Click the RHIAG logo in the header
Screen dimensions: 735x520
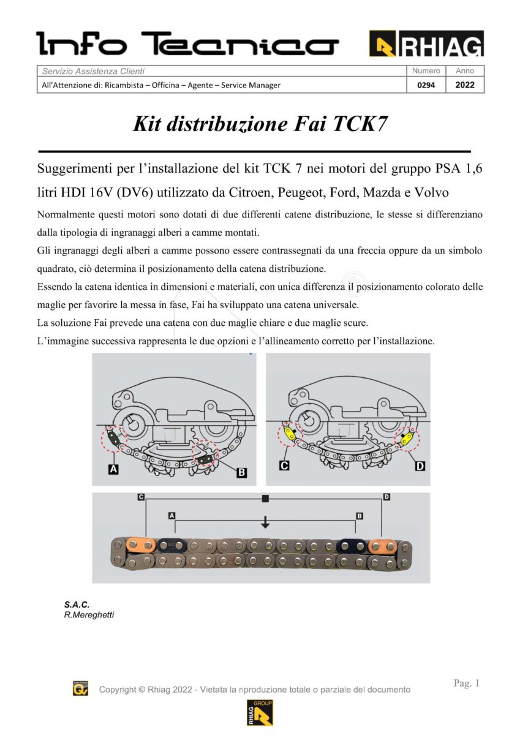[426, 43]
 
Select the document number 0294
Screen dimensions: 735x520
[426, 85]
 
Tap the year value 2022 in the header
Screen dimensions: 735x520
[465, 85]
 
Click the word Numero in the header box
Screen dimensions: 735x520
[426, 71]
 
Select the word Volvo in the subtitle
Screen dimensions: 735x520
[432, 192]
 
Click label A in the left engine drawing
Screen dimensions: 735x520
[113, 469]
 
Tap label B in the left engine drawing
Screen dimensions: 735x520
[241, 472]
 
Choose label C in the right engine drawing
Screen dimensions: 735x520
[284, 466]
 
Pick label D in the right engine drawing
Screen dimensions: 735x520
[420, 467]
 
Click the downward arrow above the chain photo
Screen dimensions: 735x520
[265, 522]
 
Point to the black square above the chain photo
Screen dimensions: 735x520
[265, 499]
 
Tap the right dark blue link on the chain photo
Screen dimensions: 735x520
[353, 545]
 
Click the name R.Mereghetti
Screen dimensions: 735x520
[89, 614]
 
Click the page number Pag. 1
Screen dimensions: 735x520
[467, 683]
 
